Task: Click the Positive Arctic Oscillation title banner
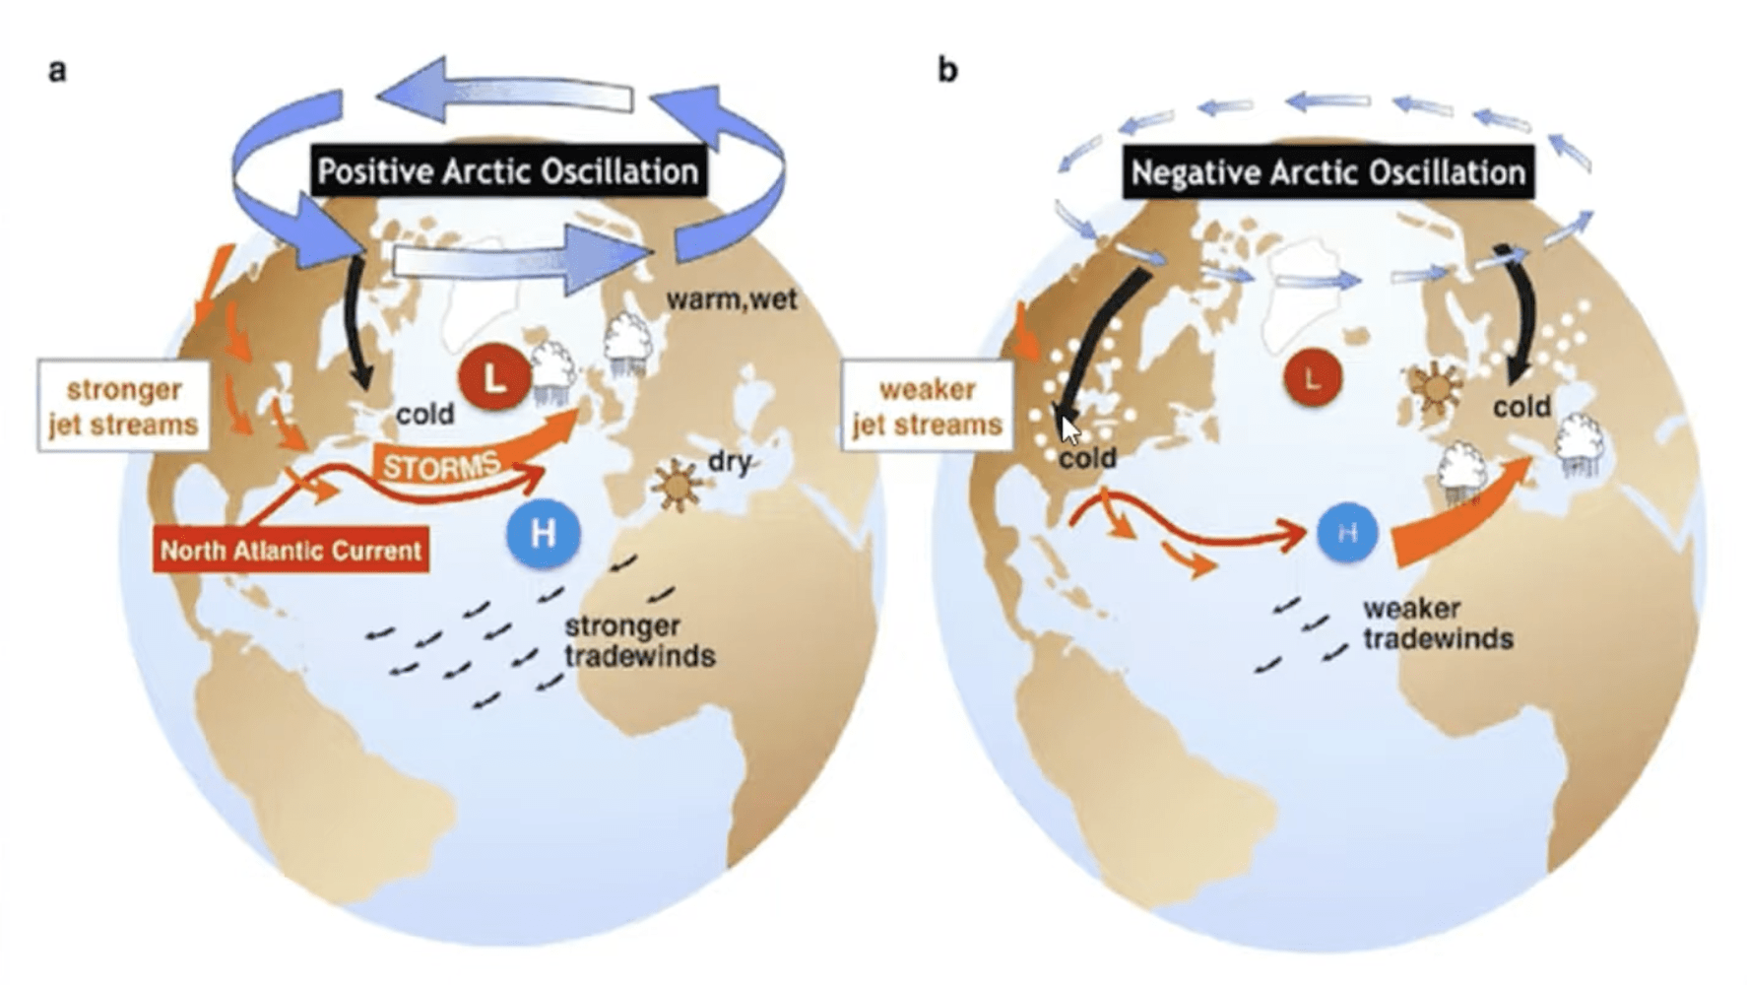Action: tap(507, 172)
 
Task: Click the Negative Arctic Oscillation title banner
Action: tap(1327, 173)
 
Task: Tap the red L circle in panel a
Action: tap(494, 377)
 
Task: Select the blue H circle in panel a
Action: tap(543, 534)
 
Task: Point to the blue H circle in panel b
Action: tap(1347, 532)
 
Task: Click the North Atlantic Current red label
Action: tap(291, 550)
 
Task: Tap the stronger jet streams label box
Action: tap(124, 406)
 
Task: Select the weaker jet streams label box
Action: tap(927, 406)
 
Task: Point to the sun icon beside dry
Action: tap(677, 483)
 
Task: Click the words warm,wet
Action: tap(731, 298)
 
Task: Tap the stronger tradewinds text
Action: tap(639, 640)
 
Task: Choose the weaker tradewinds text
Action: tap(1437, 624)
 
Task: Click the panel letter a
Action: tap(58, 71)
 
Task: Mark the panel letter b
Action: tap(947, 71)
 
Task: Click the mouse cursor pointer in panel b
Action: tap(1069, 429)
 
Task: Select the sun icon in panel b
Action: tap(1435, 386)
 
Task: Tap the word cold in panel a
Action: tap(424, 414)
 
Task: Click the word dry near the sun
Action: tap(730, 460)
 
